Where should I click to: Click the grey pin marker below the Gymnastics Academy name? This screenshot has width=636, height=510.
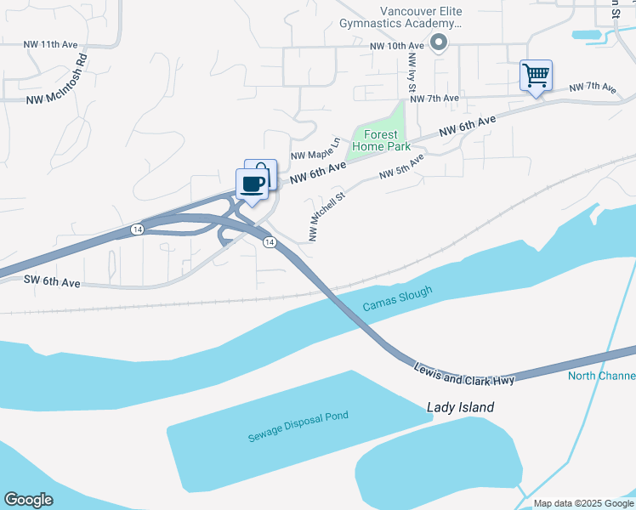pyautogui.click(x=439, y=42)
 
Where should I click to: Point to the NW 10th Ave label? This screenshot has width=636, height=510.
pyautogui.click(x=396, y=45)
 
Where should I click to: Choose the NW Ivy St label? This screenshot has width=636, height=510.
pyautogui.click(x=412, y=72)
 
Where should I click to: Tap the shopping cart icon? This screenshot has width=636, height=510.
pyautogui.click(x=536, y=76)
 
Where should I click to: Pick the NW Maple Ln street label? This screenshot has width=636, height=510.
pyautogui.click(x=315, y=150)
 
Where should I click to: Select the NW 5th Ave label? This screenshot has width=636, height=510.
pyautogui.click(x=401, y=167)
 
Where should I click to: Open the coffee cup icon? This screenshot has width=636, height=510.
pyautogui.click(x=252, y=183)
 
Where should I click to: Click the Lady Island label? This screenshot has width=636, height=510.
pyautogui.click(x=459, y=407)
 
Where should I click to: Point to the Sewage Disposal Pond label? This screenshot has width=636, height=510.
pyautogui.click(x=298, y=427)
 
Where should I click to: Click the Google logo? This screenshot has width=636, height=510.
pyautogui.click(x=28, y=500)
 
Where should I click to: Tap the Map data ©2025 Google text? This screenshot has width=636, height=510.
pyautogui.click(x=582, y=503)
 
